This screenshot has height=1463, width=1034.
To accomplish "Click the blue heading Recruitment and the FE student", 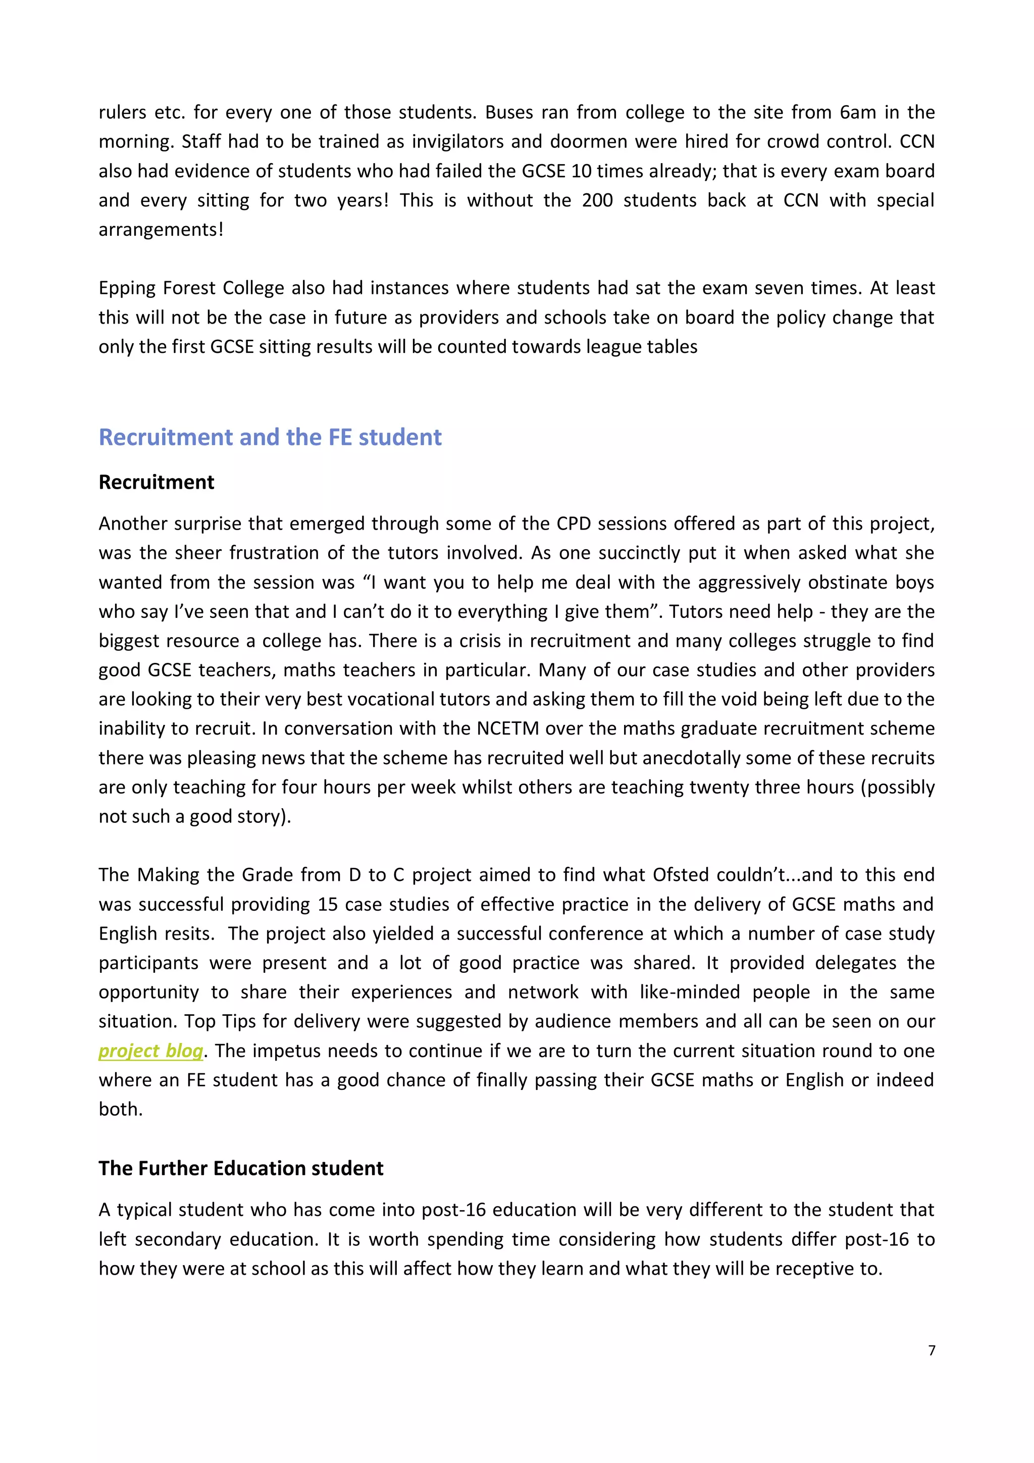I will tap(270, 437).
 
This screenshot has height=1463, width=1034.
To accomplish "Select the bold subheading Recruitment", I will tap(156, 482).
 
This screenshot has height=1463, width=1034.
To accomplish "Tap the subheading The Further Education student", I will tap(241, 1168).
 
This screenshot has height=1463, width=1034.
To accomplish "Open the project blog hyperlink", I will tap(150, 1051).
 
